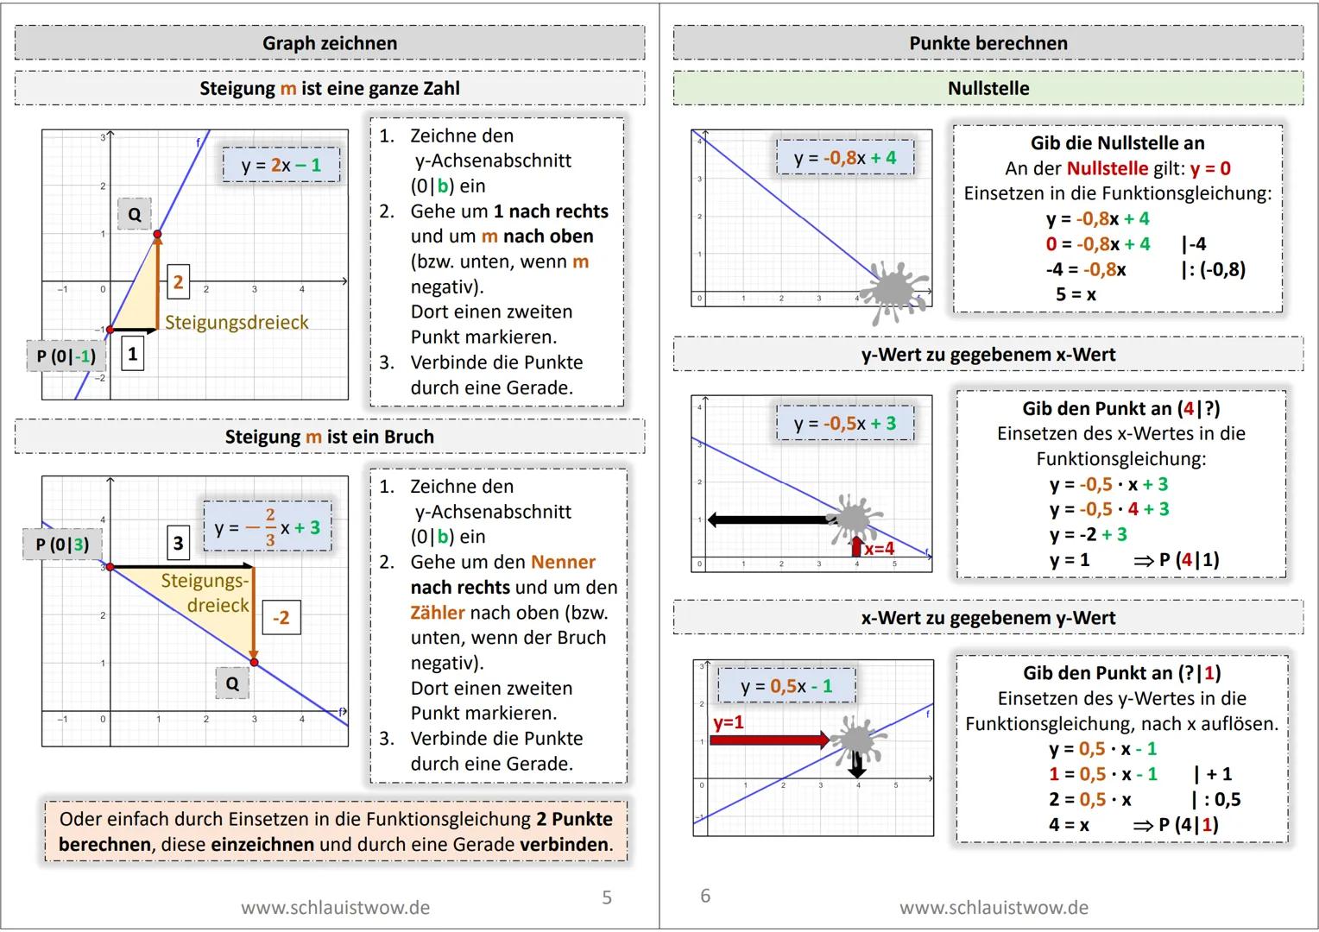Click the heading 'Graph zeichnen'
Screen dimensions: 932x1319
pos(330,43)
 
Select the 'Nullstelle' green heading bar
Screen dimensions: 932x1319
pos(988,88)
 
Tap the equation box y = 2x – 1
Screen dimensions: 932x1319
pos(281,165)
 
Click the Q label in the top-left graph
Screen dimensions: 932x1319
pos(135,214)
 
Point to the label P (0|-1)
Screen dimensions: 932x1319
pos(66,356)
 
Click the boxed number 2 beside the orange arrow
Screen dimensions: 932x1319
pos(178,281)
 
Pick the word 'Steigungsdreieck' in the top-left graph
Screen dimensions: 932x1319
pos(237,322)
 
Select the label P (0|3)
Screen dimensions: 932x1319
pos(62,545)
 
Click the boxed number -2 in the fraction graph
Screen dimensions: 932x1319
pos(281,618)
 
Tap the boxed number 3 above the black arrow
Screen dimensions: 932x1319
pos(178,543)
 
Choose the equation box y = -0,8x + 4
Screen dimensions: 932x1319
pos(845,158)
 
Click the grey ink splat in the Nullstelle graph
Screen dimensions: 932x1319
pos(898,290)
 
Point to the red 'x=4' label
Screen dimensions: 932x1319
pos(879,548)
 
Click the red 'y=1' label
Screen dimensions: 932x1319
pos(729,721)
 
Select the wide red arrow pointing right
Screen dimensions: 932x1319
pos(768,740)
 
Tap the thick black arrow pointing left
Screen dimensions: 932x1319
pos(768,520)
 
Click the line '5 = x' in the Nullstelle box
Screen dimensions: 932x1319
pos(1076,294)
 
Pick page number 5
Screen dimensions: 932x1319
pos(607,897)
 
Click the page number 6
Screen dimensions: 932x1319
pos(705,896)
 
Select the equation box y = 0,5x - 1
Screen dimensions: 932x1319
pos(786,686)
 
